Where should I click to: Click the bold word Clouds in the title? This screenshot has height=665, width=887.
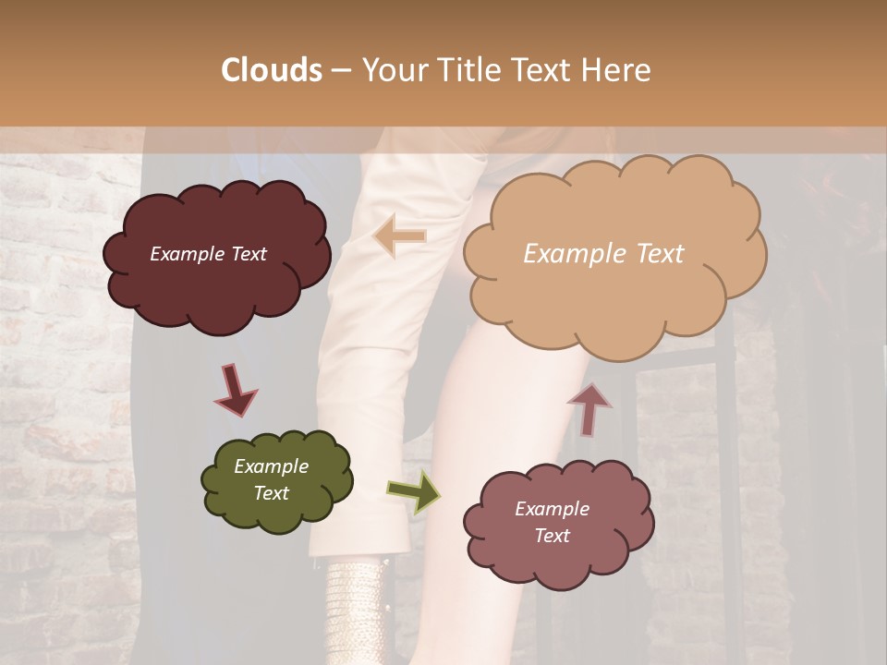272,70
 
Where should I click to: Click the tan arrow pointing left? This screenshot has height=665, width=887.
401,236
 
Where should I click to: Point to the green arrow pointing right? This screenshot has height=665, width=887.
413,491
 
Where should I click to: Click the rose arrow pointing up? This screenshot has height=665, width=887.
589,409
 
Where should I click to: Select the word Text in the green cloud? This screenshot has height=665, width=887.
272,493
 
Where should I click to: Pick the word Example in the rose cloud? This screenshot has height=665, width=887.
552,509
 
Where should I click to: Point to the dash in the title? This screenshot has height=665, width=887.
340,70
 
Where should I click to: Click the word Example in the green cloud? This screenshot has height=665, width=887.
272,466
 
